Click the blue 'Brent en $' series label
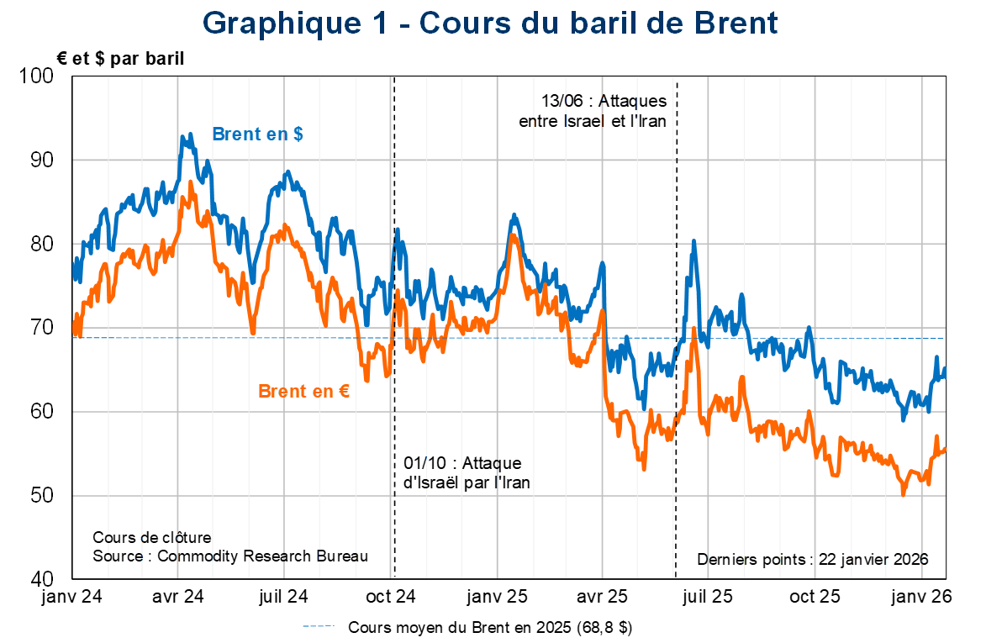pos(257,134)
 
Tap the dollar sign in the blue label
pos(298,134)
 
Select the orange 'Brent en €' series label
pos(303,392)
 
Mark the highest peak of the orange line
pos(191,182)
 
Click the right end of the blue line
pos(946,371)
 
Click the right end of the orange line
pos(946,449)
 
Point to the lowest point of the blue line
pos(904,418)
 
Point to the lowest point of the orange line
pos(904,494)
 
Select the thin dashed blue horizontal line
pos(504,338)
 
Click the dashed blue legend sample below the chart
pos(319,626)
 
